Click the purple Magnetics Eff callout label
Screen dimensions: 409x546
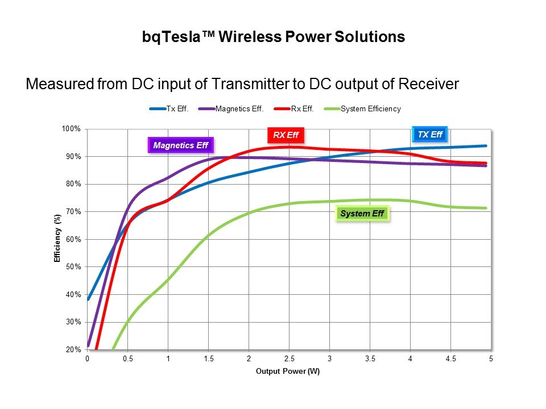click(180, 145)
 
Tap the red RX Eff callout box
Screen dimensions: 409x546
click(286, 135)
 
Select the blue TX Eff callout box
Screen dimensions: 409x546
click(429, 135)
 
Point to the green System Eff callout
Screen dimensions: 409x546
click(362, 214)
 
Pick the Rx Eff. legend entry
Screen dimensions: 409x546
click(298, 109)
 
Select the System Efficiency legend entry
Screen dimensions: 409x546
click(370, 109)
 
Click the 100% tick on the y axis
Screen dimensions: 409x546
click(72, 129)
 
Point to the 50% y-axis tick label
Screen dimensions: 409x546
click(73, 267)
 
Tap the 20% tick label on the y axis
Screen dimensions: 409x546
click(73, 350)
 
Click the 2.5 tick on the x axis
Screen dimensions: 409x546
click(289, 360)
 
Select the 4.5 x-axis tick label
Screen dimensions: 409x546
click(450, 360)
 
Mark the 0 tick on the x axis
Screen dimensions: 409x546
click(88, 360)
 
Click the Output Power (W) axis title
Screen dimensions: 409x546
click(288, 372)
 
